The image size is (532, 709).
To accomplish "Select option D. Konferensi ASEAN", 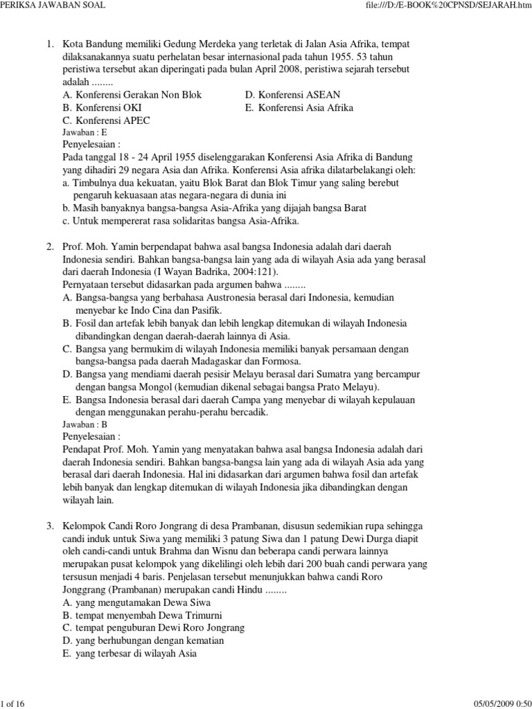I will tap(292, 96).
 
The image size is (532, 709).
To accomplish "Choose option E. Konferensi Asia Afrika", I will tap(299, 108).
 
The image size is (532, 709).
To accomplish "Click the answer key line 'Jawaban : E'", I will tap(85, 132).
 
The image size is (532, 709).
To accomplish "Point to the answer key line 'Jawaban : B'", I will tap(85, 424).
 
